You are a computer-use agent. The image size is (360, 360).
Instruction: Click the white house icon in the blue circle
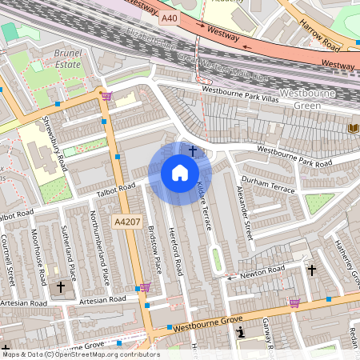(180, 173)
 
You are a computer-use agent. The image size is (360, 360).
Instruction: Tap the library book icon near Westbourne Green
(353, 128)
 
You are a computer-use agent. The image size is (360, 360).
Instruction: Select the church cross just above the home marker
(193, 150)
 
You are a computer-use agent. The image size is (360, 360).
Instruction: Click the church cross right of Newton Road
(312, 270)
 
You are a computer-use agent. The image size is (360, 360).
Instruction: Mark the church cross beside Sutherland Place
(60, 286)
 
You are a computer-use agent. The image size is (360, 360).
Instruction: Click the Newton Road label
(262, 274)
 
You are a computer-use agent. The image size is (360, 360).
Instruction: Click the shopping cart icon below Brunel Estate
(106, 96)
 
